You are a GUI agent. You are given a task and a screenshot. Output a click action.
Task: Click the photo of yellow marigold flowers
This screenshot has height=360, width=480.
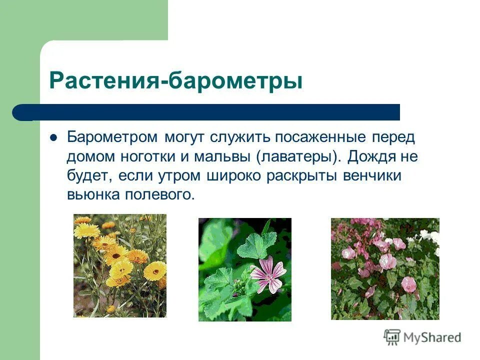click(x=120, y=265)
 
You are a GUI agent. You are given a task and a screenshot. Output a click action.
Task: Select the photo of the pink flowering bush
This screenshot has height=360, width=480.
click(x=385, y=268)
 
